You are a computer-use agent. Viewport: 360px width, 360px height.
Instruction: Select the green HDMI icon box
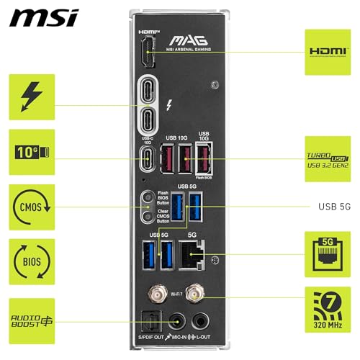[328, 52]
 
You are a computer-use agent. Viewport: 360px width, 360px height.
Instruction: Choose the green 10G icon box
[31, 152]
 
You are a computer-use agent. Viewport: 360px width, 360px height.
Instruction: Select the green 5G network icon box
[328, 254]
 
